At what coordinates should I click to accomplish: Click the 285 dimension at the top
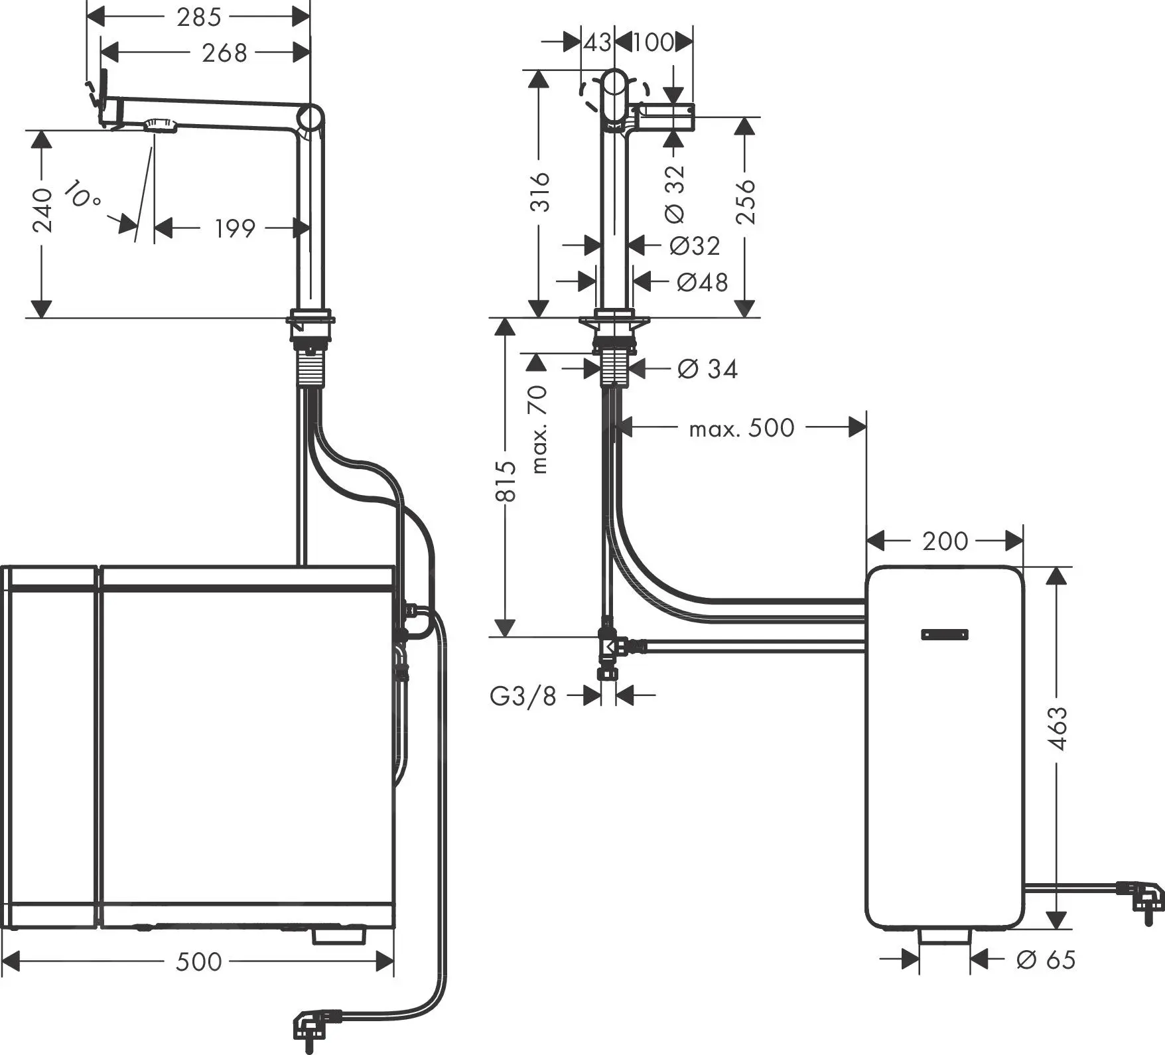(199, 17)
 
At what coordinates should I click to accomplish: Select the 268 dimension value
(224, 52)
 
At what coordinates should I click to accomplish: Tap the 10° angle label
(83, 194)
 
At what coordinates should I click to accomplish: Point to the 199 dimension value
(234, 228)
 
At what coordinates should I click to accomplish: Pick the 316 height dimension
(541, 192)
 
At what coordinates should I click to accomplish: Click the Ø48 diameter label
(702, 282)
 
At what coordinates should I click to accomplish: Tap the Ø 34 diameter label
(707, 368)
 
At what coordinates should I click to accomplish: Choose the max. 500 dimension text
(741, 429)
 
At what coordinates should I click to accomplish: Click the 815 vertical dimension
(506, 481)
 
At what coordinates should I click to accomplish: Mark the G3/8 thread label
(523, 696)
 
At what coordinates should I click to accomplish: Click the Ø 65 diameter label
(1046, 959)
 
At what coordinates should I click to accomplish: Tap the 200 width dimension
(945, 541)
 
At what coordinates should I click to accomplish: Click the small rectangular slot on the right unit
(945, 634)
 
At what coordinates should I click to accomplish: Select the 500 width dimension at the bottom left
(198, 961)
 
